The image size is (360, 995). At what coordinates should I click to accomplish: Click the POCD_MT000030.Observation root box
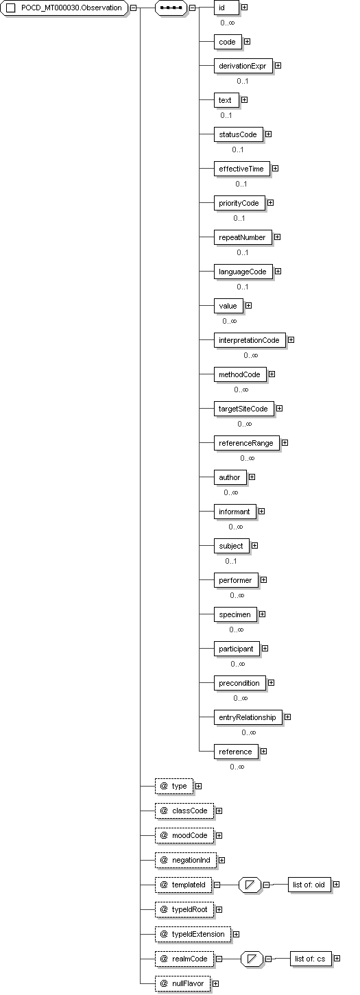(64, 8)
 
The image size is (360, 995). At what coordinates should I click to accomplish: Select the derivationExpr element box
(242, 66)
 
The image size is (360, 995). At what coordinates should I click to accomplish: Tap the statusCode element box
(238, 134)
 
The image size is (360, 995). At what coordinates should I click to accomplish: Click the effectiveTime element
(241, 169)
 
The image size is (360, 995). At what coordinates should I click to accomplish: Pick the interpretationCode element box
(249, 340)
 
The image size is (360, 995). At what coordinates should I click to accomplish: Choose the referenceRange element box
(245, 443)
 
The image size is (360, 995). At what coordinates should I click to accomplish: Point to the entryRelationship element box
(247, 717)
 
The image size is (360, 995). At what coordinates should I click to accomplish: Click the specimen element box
(235, 615)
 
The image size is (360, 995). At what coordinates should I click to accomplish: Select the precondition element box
(239, 683)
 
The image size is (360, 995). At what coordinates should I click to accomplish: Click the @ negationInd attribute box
(186, 861)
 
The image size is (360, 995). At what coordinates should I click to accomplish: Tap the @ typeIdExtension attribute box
(193, 935)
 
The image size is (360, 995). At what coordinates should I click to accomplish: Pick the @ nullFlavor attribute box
(182, 984)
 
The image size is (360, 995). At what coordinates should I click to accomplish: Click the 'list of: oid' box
(309, 885)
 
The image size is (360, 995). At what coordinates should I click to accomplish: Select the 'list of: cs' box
(310, 959)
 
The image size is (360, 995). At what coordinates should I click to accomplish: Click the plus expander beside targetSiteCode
(279, 408)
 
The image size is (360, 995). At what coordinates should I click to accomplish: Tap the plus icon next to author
(252, 477)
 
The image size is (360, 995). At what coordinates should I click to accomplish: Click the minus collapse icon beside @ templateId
(217, 885)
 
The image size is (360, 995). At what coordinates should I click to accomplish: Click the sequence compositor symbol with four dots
(171, 8)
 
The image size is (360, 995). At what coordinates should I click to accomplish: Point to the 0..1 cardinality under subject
(230, 561)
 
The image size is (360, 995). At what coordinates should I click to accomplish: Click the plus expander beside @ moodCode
(219, 835)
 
